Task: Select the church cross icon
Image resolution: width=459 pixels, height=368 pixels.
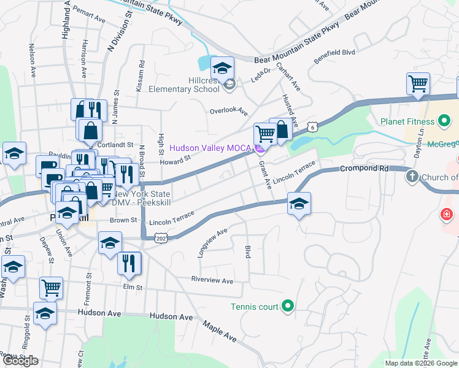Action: (x=412, y=177)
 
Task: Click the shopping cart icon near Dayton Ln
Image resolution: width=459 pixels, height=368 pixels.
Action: (x=418, y=83)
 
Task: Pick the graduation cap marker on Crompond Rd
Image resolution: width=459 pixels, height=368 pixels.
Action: (x=298, y=204)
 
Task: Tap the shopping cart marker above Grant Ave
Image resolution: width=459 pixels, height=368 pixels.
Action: (x=265, y=134)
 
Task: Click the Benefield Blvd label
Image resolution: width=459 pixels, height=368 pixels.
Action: (x=334, y=53)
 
